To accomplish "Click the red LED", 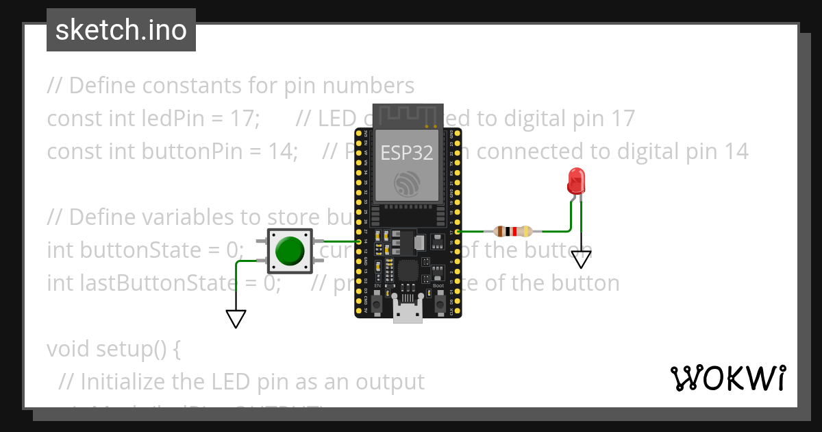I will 576,181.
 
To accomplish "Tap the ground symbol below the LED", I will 581,259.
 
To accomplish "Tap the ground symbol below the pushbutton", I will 236,319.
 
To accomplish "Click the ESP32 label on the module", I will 407,153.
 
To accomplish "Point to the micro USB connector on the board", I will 408,311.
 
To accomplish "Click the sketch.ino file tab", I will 121,30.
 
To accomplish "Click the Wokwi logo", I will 727,378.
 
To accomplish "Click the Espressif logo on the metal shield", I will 408,183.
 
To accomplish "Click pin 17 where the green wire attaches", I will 458,232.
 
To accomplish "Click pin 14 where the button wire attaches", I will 358,241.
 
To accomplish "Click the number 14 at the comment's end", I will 734,152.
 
